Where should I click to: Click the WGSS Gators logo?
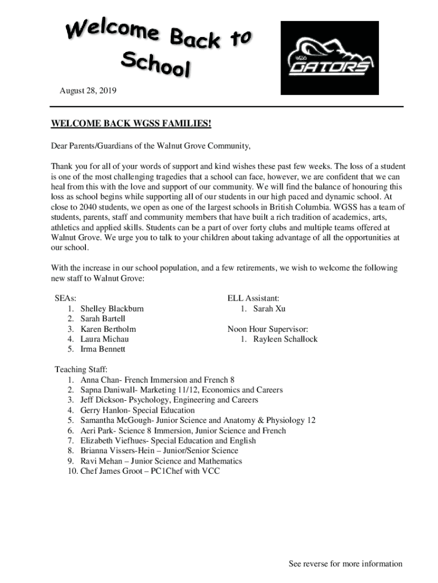click(x=329, y=58)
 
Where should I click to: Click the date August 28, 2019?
click(x=88, y=91)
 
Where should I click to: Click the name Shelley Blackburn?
click(x=112, y=309)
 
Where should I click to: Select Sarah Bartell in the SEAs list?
click(x=103, y=319)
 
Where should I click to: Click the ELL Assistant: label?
click(x=253, y=298)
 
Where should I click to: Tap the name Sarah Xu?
click(x=270, y=309)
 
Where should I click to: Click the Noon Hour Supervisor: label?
click(x=268, y=329)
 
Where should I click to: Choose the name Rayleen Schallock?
click(x=286, y=339)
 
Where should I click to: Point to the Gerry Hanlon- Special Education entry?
click(x=138, y=410)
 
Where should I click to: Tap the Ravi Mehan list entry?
click(x=161, y=461)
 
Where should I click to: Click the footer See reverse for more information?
click(x=345, y=564)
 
